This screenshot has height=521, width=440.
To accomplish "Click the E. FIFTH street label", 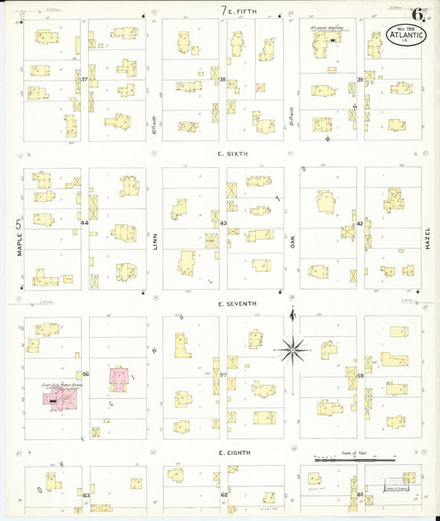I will coord(244,11).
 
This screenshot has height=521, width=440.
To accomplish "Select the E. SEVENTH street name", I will coord(237,303).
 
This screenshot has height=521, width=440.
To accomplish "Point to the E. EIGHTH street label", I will coord(235,453).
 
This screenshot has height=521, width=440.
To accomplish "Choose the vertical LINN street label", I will coord(154,241).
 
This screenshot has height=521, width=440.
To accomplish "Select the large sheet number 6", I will coord(420,14).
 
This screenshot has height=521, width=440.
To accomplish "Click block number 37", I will coord(85,79).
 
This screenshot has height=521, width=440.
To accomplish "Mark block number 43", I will coord(224,223).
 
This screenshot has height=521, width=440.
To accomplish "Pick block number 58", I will coord(361,374).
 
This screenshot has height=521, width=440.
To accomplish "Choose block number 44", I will coord(84,223).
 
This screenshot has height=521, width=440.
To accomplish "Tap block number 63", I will coord(85,495).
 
